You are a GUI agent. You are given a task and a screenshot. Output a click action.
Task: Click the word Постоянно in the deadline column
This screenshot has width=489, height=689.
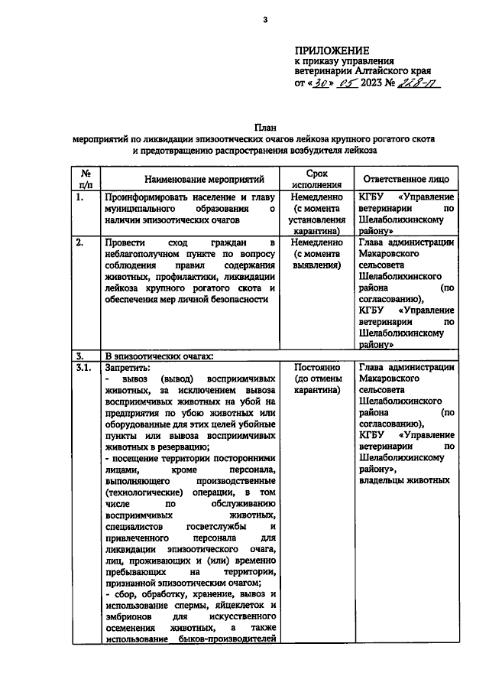[316, 367]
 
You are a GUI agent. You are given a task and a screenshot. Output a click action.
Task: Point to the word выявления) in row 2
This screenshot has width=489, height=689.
[316, 265]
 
